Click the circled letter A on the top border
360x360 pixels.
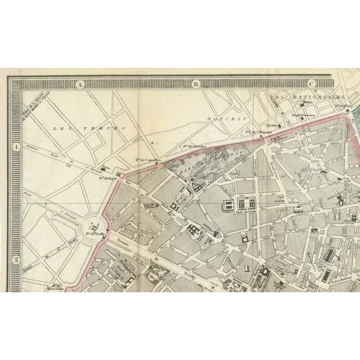coord(79,85)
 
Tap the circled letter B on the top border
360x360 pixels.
coord(196,85)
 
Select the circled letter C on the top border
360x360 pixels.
coord(312,85)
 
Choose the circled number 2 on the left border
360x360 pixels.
coord(16,259)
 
